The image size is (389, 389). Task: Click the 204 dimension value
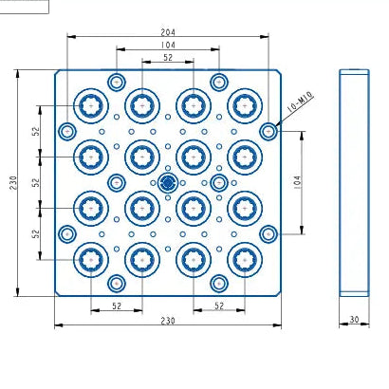(x=168, y=32)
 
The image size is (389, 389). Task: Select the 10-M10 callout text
(x=301, y=102)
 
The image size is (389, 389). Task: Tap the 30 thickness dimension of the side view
(x=354, y=320)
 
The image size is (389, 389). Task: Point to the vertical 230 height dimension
(x=13, y=183)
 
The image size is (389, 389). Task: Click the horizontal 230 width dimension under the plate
(x=168, y=321)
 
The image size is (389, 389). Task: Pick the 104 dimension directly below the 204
(x=168, y=45)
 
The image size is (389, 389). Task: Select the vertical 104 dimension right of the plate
(x=298, y=182)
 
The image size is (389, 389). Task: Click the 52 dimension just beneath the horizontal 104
(x=168, y=58)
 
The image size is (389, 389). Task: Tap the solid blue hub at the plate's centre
(x=167, y=182)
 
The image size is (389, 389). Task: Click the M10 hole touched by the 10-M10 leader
(x=269, y=131)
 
